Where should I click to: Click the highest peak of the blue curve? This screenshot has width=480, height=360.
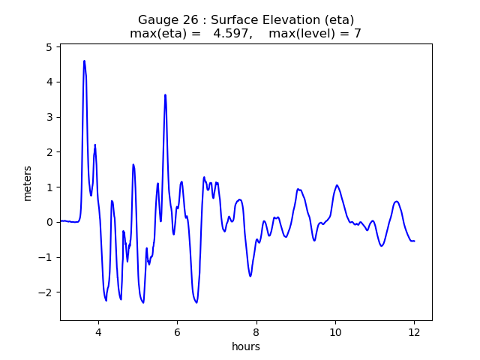[84, 61]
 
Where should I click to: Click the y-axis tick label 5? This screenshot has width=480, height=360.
[48, 46]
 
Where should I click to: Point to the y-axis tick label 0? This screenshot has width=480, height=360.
[48, 222]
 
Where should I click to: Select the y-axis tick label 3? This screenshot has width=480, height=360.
[48, 117]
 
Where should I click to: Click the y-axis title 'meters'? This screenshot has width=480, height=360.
[28, 182]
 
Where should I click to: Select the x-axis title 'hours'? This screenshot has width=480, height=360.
[245, 346]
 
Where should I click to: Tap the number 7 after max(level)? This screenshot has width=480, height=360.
[358, 34]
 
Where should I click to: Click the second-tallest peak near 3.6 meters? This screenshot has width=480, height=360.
[165, 94]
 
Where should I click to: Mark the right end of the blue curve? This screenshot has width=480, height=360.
[414, 241]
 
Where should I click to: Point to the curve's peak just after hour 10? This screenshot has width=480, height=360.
[337, 185]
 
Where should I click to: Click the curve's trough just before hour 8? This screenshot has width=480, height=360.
[250, 276]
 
